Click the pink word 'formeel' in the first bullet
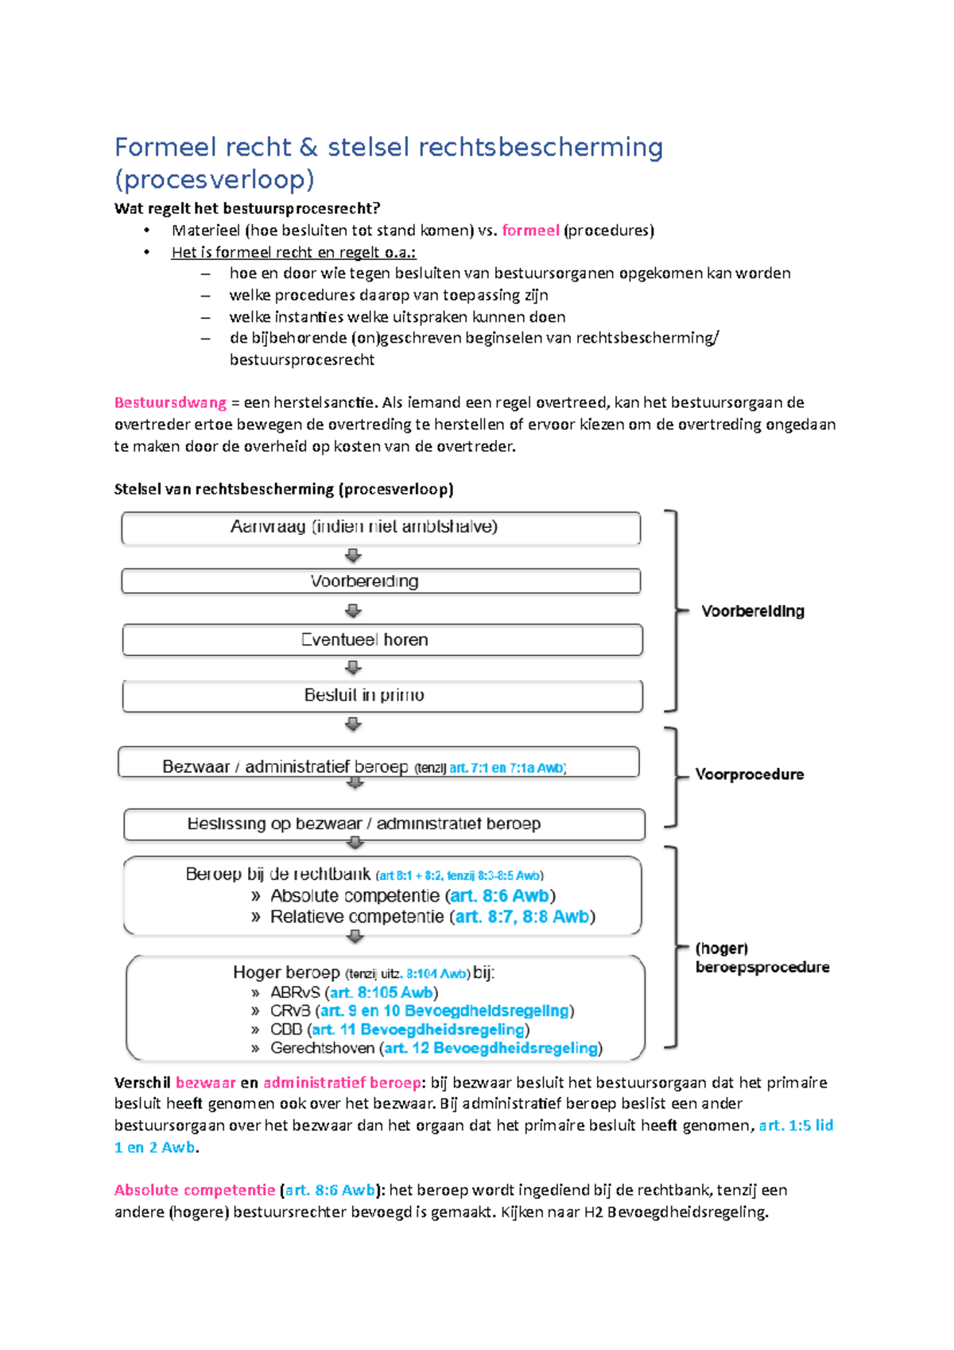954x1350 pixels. tap(530, 231)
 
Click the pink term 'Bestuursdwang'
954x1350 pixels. tap(170, 402)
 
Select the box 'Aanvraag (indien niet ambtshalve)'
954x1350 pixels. tap(380, 527)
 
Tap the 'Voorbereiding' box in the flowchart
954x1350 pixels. tap(380, 581)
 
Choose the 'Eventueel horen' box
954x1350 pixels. tap(382, 640)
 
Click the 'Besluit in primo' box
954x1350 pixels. tap(382, 696)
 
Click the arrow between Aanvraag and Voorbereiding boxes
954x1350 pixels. tap(354, 556)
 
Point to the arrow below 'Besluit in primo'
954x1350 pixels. tap(354, 724)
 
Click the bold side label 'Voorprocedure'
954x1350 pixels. tap(749, 774)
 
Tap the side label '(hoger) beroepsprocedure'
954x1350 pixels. tap(761, 958)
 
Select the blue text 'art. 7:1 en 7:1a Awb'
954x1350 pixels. tap(506, 768)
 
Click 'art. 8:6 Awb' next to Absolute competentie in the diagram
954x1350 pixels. tap(499, 896)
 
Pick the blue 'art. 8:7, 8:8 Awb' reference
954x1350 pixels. tap(522, 917)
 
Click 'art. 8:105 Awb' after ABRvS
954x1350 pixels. tap(382, 993)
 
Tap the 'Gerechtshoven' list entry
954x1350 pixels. tap(322, 1049)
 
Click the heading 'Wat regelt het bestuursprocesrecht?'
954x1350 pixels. tap(247, 208)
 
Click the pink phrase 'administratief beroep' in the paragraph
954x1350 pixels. tap(342, 1083)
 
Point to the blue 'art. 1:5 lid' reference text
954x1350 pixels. tap(796, 1126)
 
